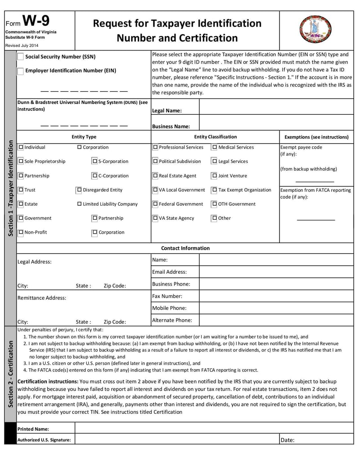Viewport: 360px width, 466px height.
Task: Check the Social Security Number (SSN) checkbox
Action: [x=21, y=57]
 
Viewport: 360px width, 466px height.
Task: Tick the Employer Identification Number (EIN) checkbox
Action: [x=21, y=71]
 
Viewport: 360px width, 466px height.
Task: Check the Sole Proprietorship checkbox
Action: [x=21, y=161]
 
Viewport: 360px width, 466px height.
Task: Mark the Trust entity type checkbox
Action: [x=21, y=190]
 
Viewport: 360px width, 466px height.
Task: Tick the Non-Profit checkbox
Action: [x=21, y=232]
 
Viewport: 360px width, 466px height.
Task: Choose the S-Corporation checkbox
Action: [x=95, y=161]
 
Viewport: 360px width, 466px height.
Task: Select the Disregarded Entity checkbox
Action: [x=80, y=190]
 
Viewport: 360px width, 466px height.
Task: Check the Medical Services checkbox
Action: [x=215, y=147]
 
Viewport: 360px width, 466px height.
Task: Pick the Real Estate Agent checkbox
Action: [x=156, y=176]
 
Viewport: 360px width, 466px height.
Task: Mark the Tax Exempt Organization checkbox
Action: [x=215, y=190]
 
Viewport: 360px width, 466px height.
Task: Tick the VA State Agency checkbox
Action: [x=156, y=218]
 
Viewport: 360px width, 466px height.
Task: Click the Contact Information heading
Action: [x=185, y=248]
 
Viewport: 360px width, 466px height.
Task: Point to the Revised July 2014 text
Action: [x=22, y=45]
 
